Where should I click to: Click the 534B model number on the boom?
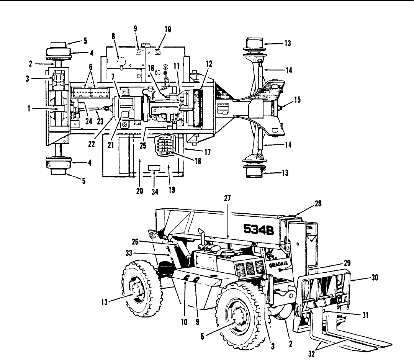[259, 229]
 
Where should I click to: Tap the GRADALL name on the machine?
[278, 264]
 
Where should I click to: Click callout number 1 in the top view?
[29, 108]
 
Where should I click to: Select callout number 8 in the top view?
[114, 36]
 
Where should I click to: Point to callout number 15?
[297, 100]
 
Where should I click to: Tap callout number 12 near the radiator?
[209, 64]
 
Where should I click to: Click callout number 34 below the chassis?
[155, 192]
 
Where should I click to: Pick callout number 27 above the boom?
[227, 198]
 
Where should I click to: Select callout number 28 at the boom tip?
[318, 204]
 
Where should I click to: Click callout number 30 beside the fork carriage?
[375, 277]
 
